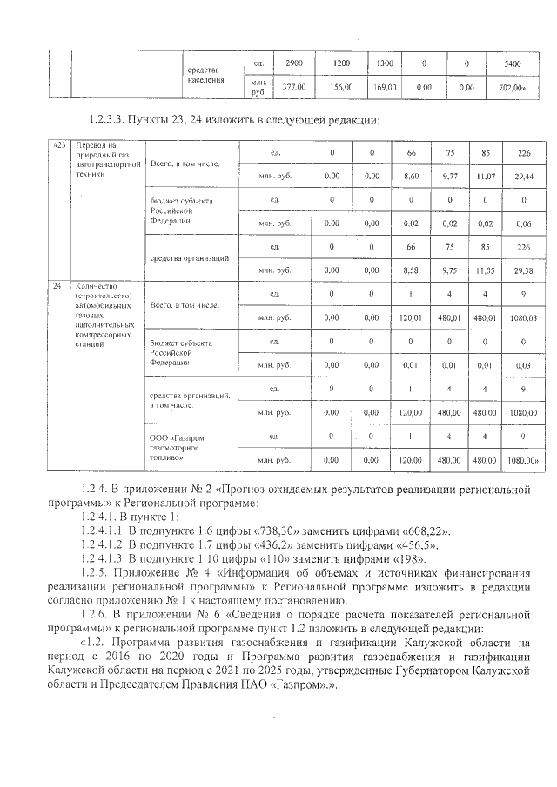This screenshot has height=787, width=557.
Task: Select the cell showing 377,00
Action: (x=291, y=88)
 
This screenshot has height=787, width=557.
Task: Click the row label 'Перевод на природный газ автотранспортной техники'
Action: (x=105, y=159)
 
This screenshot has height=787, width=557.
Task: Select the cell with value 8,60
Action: (x=412, y=177)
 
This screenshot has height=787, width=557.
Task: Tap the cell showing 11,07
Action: (x=485, y=177)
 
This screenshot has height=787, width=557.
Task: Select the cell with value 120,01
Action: (x=412, y=318)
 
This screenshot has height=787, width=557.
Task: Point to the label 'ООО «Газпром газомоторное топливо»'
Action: (x=179, y=444)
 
